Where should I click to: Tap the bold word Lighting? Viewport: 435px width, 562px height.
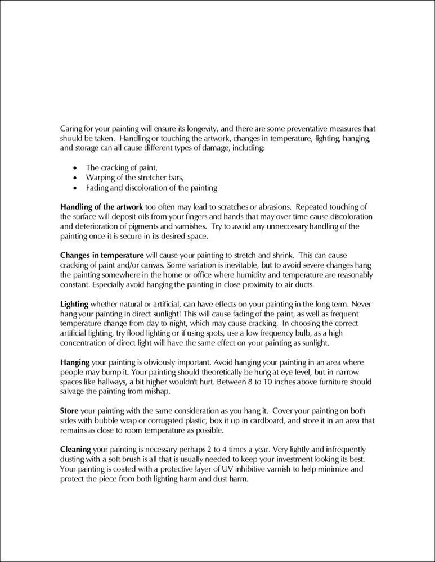pyautogui.click(x=74, y=304)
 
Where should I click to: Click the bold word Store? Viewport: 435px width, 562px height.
pyautogui.click(x=70, y=411)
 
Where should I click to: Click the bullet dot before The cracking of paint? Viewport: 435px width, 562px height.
pyautogui.click(x=75, y=167)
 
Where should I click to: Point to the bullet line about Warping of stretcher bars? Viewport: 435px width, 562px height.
pyautogui.click(x=127, y=178)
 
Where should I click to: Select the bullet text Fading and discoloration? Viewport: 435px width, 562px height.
pyautogui.click(x=151, y=188)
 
